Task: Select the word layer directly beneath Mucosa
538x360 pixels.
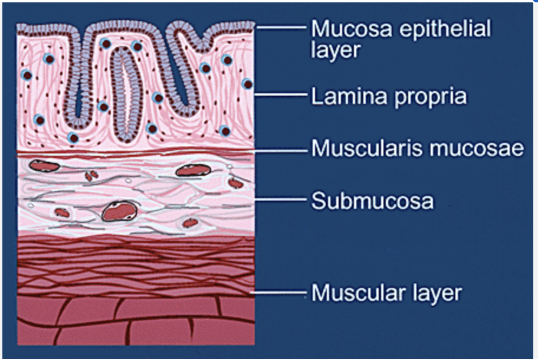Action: pyautogui.click(x=335, y=50)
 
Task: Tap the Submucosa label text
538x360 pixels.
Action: pyautogui.click(x=372, y=201)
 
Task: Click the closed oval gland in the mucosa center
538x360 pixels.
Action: pyautogui.click(x=127, y=94)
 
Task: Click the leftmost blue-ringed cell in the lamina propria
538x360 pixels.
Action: pyautogui.click(x=26, y=75)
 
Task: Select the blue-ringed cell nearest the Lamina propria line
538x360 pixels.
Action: pyautogui.click(x=247, y=84)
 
